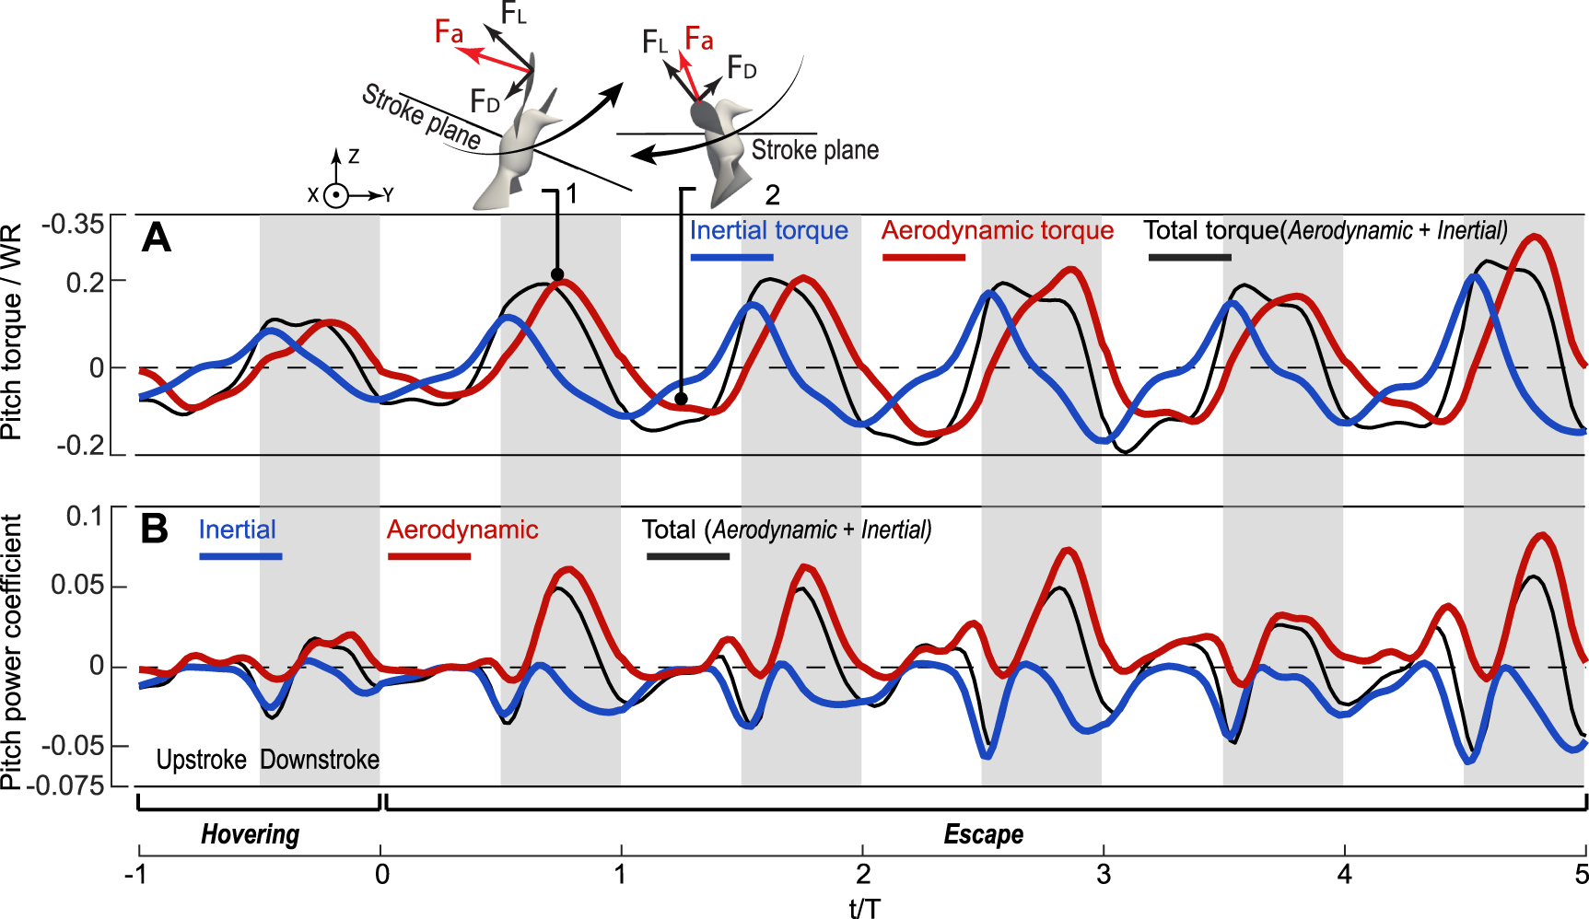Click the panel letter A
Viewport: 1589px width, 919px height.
[157, 238]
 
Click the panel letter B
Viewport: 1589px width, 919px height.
[154, 529]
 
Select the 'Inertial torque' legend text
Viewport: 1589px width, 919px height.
[768, 230]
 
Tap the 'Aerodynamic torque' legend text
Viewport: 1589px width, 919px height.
[997, 230]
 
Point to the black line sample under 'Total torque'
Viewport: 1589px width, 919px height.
[1189, 257]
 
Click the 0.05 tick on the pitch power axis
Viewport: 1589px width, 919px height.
[76, 586]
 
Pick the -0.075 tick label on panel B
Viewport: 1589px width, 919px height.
[64, 785]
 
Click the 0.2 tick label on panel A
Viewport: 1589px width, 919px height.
[84, 281]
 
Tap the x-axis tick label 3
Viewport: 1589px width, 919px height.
[1104, 873]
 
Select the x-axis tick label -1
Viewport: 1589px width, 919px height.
[136, 873]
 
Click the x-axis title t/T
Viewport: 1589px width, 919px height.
[864, 908]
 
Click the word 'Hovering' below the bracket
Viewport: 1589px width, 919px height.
[250, 834]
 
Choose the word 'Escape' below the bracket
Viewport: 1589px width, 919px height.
[983, 834]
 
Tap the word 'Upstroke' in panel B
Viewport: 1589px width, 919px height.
[201, 760]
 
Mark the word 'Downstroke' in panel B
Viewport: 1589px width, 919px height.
[320, 760]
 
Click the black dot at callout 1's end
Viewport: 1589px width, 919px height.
[556, 274]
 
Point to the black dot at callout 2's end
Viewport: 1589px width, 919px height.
[681, 399]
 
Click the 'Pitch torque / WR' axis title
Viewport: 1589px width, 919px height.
[11, 332]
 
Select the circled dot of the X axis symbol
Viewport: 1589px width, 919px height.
[336, 195]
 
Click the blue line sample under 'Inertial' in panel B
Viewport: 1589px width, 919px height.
[240, 556]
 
